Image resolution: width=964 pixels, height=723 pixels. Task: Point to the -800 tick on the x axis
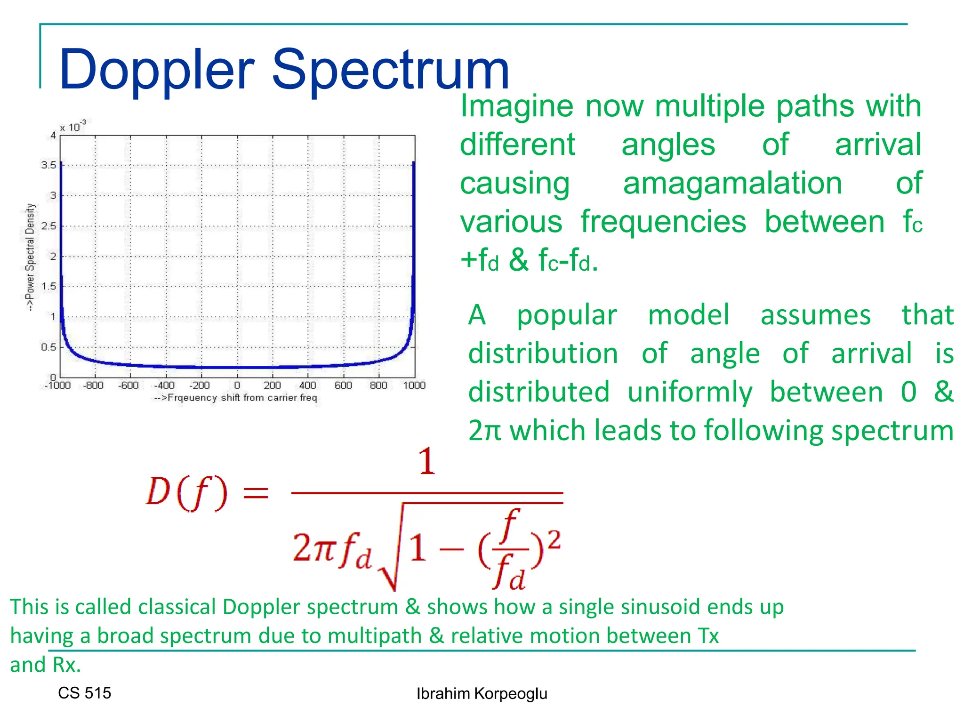[x=93, y=386]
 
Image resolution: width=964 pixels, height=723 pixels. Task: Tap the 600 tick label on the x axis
[x=343, y=386]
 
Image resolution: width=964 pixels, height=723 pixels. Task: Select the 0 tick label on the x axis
[x=237, y=386]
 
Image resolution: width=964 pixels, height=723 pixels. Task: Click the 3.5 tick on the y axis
[x=48, y=165]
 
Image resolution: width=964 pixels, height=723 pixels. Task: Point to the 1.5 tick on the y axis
[x=48, y=286]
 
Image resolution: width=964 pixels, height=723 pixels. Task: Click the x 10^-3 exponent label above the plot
[x=73, y=127]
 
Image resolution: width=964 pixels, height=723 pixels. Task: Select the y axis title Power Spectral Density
[x=30, y=257]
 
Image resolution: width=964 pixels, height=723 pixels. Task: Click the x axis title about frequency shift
[x=236, y=398]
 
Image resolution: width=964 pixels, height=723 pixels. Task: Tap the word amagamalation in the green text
[x=732, y=183]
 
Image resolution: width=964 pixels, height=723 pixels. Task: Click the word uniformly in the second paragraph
[x=690, y=392]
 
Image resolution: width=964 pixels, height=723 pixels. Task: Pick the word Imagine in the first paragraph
[x=516, y=106]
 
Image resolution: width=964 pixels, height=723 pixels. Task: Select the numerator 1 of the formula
[x=427, y=461]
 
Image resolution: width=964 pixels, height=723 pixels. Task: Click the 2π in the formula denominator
[x=314, y=548]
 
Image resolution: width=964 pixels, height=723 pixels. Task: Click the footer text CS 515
[x=85, y=693]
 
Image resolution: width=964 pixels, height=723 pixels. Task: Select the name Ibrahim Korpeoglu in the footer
[x=482, y=694]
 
